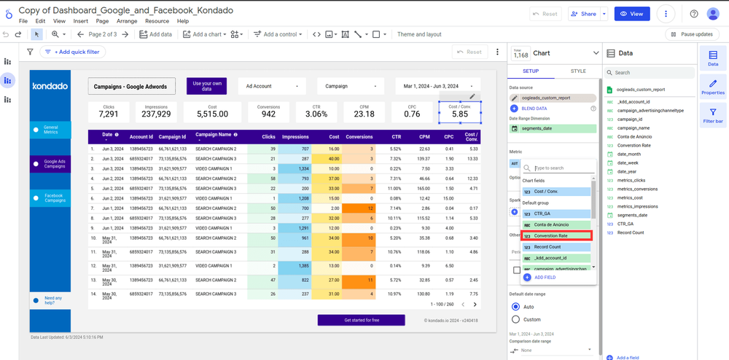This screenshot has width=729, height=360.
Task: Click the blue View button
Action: coord(631,14)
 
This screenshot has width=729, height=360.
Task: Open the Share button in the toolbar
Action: coord(583,14)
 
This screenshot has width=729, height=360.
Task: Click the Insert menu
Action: coord(80,21)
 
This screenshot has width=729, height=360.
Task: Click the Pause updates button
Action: coord(692,34)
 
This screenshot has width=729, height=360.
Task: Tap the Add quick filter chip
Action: coord(73,52)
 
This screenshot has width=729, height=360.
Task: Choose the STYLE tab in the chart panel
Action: coord(577,71)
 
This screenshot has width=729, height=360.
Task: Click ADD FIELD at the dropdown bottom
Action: coord(544,278)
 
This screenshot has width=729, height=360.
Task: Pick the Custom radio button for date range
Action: coord(516,319)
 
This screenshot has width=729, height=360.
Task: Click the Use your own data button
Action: coord(207,86)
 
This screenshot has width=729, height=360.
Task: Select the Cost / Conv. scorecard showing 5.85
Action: coord(459,111)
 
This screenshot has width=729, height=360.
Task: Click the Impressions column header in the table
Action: coord(295,137)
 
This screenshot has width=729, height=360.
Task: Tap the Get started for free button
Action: coord(361,320)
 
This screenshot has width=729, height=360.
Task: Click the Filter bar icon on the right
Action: coord(713,117)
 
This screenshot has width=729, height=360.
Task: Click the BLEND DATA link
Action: coord(534,109)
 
